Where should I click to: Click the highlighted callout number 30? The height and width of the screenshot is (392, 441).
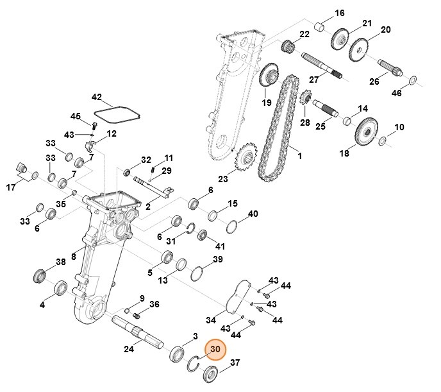(215, 349)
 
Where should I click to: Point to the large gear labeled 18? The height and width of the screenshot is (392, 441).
(366, 132)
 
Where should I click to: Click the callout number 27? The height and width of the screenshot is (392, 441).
(313, 80)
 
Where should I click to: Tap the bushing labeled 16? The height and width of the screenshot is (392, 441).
(319, 28)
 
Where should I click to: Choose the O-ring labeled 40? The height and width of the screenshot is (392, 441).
(234, 228)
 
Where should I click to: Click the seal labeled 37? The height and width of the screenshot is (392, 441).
(211, 374)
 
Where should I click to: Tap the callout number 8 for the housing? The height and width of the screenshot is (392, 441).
(74, 257)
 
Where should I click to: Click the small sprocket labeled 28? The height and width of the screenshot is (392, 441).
(305, 100)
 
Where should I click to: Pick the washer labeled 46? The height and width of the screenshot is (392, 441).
(413, 80)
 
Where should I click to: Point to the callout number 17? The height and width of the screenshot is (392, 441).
(11, 188)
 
